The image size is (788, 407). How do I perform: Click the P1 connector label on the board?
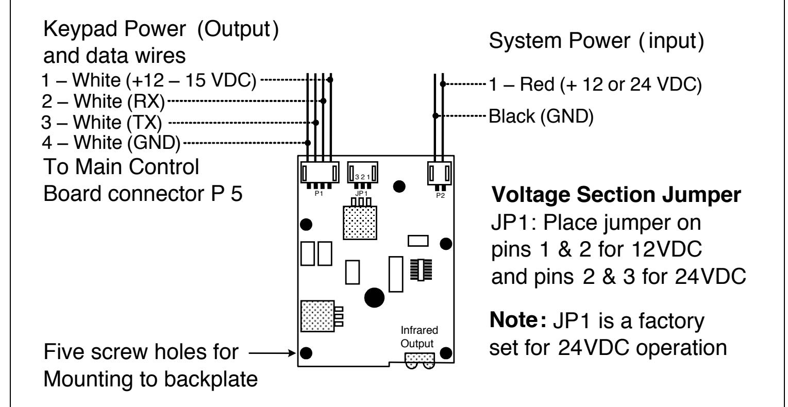pos(318,194)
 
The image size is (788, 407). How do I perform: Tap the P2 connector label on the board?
pos(441,196)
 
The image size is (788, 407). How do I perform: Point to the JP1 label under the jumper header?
pos(361,194)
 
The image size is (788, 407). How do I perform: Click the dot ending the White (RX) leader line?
pos(323,101)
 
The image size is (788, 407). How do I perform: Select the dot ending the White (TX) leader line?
pos(315,123)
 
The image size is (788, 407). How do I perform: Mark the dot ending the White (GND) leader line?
pos(308,143)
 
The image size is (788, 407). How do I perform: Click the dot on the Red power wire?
pos(443,84)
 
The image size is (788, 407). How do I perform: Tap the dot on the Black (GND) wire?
pos(435,116)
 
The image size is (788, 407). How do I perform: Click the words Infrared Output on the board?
pos(419,336)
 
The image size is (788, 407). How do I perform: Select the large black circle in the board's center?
pos(374,298)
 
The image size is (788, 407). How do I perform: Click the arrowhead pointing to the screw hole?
pos(292,353)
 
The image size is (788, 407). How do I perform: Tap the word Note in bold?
pos(514,320)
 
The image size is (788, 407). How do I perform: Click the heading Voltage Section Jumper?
pos(616,195)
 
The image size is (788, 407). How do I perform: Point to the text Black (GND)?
pos(541,116)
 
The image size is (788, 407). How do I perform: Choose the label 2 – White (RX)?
pos(103,101)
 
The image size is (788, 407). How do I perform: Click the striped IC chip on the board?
pos(421,270)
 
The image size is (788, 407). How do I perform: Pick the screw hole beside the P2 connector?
pos(399,186)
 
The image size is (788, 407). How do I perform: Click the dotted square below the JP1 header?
pos(360,223)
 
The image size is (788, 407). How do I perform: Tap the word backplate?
pos(211,379)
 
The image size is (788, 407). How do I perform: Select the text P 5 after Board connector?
pos(227,194)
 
